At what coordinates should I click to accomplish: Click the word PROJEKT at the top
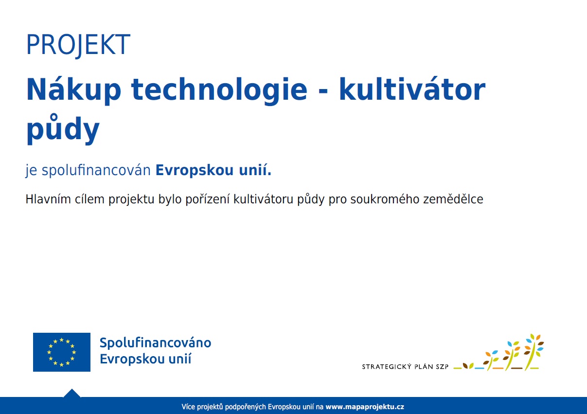click(78, 45)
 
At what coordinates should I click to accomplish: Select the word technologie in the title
click(219, 91)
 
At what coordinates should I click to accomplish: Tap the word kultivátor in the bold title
click(412, 89)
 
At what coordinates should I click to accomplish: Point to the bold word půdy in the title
click(63, 129)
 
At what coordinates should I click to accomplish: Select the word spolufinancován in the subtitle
click(96, 170)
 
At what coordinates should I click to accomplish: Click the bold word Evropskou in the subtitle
click(195, 170)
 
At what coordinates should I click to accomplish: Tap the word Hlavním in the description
click(48, 199)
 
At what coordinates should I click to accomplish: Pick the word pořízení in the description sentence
click(208, 200)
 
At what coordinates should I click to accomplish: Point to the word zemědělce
click(453, 199)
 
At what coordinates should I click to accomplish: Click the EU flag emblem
click(62, 352)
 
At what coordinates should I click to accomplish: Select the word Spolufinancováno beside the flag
click(156, 342)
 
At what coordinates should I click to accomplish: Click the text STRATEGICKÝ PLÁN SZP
click(405, 366)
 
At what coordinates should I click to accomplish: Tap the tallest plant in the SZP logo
click(534, 351)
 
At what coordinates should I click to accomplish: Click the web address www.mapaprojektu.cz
click(365, 407)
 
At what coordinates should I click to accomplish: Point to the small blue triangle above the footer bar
click(72, 393)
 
